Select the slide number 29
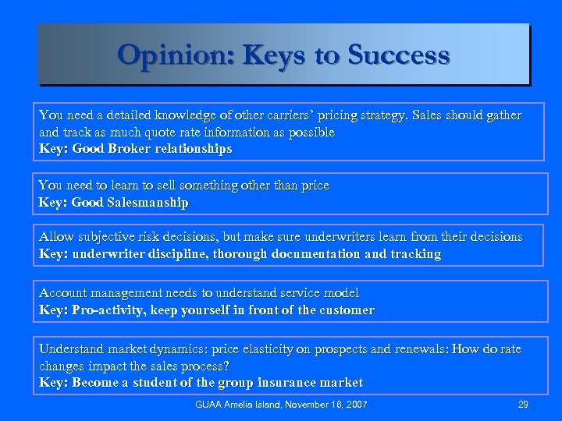[x=523, y=405]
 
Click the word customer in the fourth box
[x=346, y=310]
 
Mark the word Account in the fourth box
[x=64, y=293]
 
